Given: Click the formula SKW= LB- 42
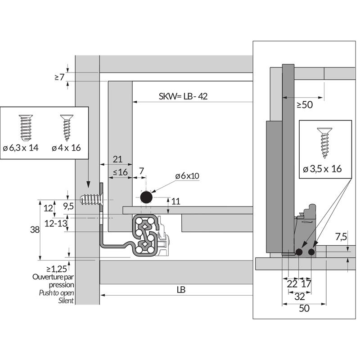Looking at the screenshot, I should tap(183, 96).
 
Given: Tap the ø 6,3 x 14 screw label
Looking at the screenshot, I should tap(27, 148).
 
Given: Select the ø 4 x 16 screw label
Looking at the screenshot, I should tap(66, 148).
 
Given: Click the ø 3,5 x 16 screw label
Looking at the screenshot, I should tap(323, 169).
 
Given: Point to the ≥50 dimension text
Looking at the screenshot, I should tap(305, 105).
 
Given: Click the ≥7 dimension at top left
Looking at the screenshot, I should tap(59, 77).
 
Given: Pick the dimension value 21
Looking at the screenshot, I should tap(117, 158).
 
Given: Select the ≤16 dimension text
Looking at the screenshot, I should tap(120, 172).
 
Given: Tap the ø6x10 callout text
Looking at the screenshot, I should tap(187, 175).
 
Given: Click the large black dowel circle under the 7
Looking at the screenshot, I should tap(146, 197).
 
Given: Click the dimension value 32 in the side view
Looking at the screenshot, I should tap(299, 297).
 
